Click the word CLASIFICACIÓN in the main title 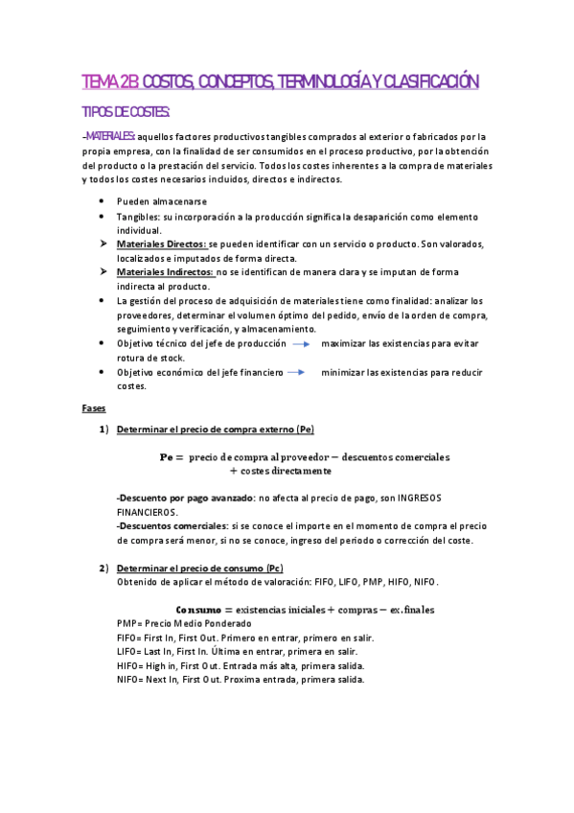(x=423, y=82)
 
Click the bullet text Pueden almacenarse (x=161, y=201)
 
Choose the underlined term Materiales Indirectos (x=165, y=273)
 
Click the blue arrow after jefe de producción (x=302, y=343)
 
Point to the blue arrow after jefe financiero (x=296, y=372)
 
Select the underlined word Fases (x=94, y=407)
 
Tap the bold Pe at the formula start (x=170, y=456)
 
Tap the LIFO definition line (x=242, y=651)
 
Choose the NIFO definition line (x=240, y=680)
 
